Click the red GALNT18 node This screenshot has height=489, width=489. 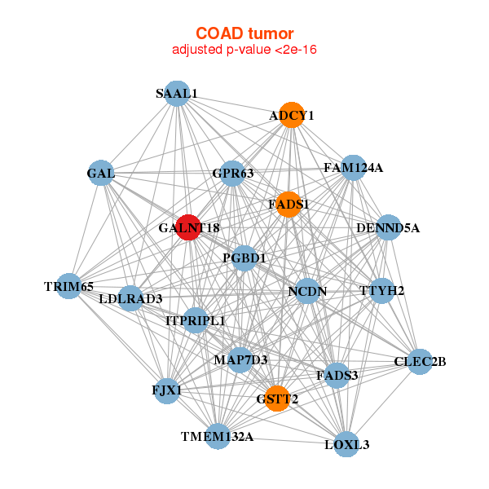click(x=189, y=228)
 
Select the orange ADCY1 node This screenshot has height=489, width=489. click(x=292, y=116)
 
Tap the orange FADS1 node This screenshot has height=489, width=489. click(x=289, y=204)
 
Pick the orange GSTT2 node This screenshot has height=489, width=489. click(x=277, y=399)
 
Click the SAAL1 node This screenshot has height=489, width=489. click(x=177, y=93)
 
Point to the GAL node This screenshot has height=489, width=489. click(x=101, y=173)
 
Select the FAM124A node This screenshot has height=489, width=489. click(x=353, y=168)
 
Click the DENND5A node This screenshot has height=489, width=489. click(x=388, y=227)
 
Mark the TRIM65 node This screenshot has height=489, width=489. click(x=69, y=286)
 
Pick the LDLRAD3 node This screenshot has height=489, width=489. click(x=130, y=298)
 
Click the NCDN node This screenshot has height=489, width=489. click(x=307, y=291)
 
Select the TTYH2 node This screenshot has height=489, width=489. click(x=382, y=290)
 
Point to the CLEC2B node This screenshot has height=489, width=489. click(x=420, y=361)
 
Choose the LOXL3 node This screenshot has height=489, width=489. click(x=347, y=444)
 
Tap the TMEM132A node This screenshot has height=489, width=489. click(x=218, y=437)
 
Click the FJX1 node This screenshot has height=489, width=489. click(x=167, y=390)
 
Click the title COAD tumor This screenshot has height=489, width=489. click(x=244, y=33)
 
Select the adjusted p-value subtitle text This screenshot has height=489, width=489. click(x=244, y=50)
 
